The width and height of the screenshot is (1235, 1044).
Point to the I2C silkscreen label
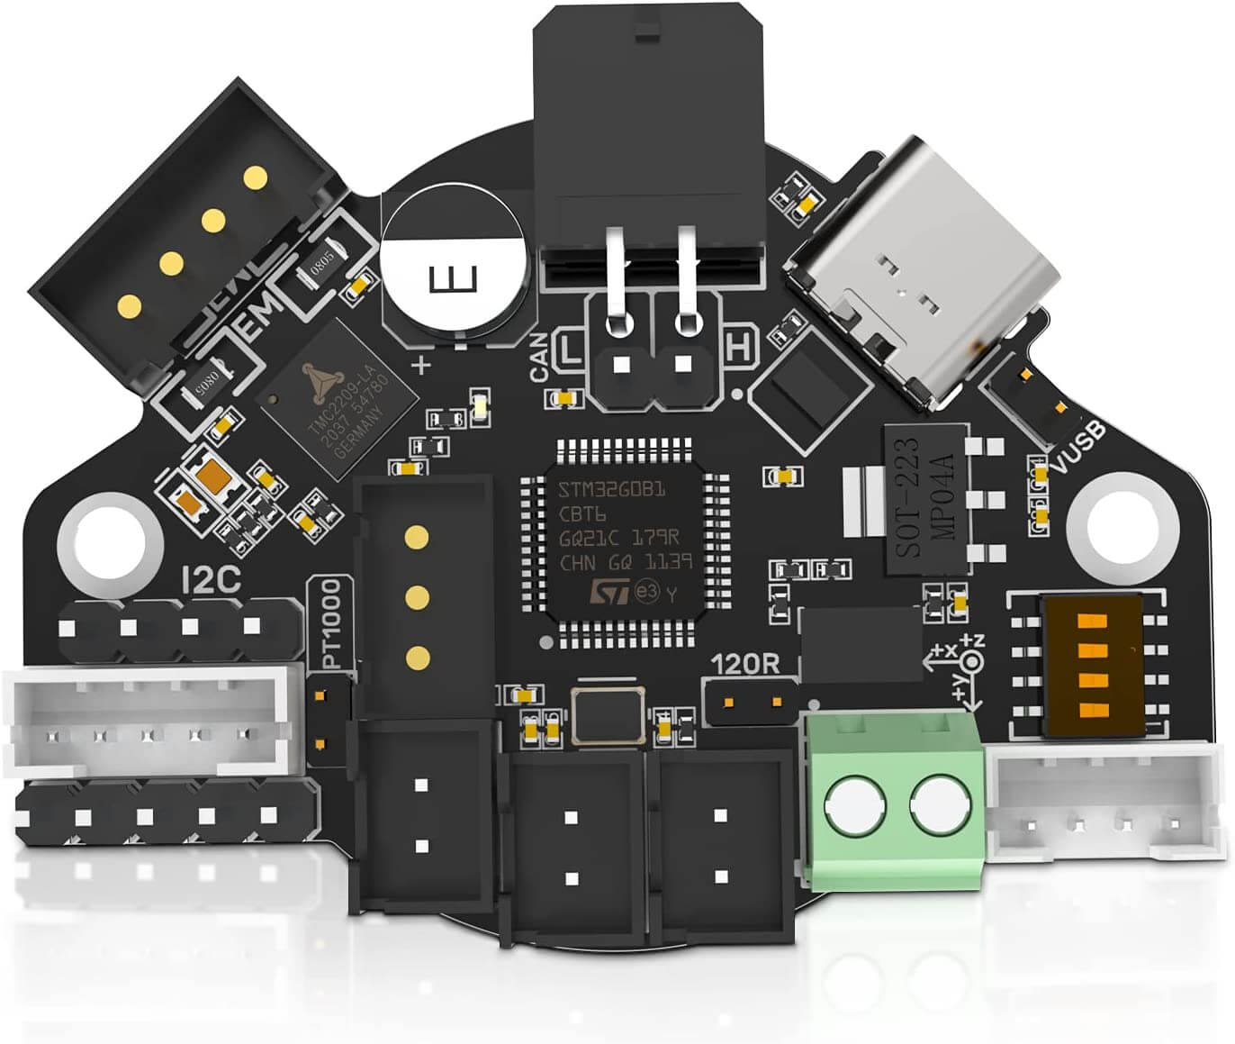tap(211, 580)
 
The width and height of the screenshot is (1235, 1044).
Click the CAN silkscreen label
tap(543, 355)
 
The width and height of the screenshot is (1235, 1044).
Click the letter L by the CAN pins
tap(571, 348)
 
